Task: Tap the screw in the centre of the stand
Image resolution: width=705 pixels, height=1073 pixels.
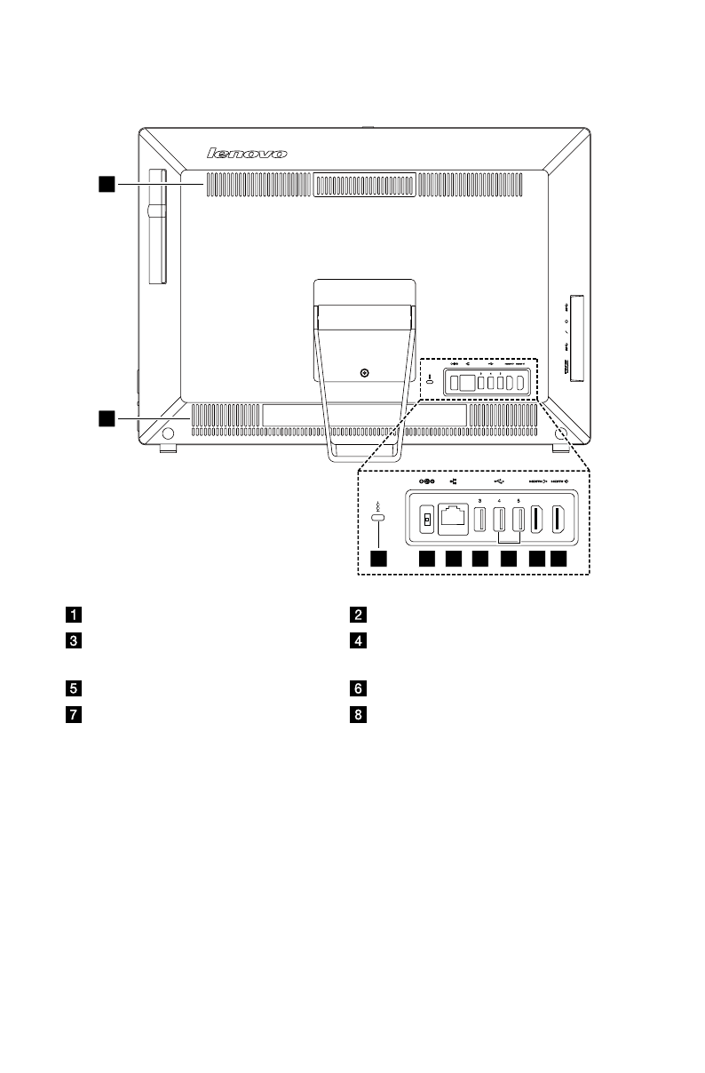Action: (365, 374)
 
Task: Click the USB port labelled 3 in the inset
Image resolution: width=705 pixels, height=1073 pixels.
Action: (479, 521)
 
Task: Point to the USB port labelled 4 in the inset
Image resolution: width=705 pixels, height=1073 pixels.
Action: (500, 521)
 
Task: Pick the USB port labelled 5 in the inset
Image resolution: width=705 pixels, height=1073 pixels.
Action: (519, 521)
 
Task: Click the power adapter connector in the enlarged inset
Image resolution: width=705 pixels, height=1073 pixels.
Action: (426, 520)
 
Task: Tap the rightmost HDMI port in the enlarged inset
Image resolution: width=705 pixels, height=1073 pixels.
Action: (559, 520)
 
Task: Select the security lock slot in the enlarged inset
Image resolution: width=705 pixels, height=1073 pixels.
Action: (379, 518)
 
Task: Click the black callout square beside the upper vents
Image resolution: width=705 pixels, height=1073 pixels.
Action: (107, 184)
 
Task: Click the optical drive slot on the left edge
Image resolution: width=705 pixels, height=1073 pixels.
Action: (157, 227)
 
